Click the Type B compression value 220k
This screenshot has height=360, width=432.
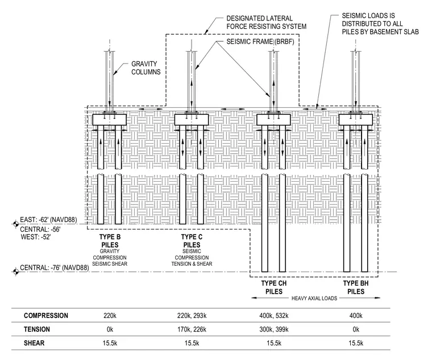coord(110,315)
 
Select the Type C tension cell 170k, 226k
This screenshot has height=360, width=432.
coord(192,329)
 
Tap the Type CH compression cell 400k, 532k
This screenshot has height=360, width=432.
coord(274,315)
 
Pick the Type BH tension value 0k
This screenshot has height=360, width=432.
coord(356,329)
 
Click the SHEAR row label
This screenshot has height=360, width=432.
coord(34,343)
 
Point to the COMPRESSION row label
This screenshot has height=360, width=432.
coord(45,315)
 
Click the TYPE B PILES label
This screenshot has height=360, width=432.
coord(110,241)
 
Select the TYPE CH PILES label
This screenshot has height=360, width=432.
coord(274,287)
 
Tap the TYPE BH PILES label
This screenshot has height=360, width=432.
coord(356,287)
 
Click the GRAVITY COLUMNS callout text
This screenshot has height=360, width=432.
coord(146,68)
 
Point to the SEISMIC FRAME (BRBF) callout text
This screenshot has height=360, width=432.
coord(260,41)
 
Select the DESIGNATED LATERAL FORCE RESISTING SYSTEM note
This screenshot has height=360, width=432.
coord(266,22)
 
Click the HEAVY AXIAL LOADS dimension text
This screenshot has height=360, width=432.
coord(314,298)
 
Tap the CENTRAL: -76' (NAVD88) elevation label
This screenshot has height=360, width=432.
coord(55,267)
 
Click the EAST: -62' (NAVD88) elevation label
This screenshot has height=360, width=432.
coord(48,220)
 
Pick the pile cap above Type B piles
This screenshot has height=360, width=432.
coord(109,120)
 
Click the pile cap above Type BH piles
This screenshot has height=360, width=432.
coord(355,120)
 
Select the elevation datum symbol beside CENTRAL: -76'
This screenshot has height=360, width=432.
coord(16,272)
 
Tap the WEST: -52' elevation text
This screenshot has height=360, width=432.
coord(36,237)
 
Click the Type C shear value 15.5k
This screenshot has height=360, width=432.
coord(192,343)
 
